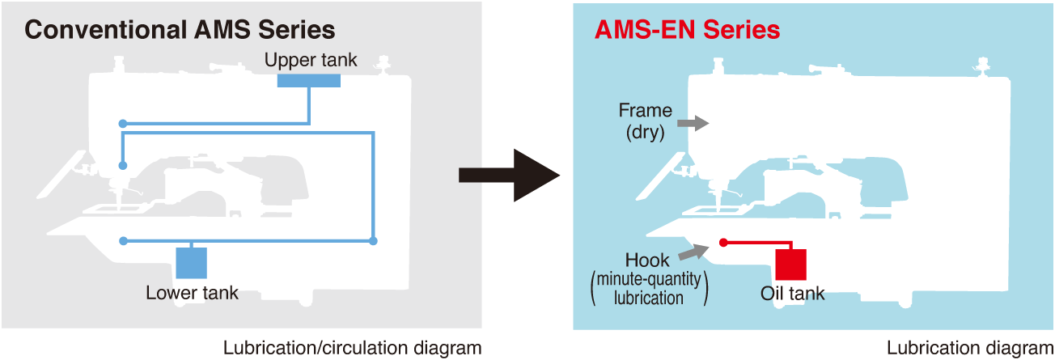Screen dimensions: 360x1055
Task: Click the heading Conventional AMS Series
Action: point(180,31)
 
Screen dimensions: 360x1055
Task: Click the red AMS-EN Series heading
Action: point(687,31)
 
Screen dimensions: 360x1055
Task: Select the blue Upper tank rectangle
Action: point(308,80)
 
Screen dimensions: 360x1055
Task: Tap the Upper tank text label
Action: point(310,60)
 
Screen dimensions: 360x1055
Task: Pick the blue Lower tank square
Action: point(191,263)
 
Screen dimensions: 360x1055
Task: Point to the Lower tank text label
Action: point(192,292)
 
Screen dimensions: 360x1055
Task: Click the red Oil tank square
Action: point(790,264)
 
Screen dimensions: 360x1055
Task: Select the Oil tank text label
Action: point(792,293)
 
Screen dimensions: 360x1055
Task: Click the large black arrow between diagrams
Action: point(509,176)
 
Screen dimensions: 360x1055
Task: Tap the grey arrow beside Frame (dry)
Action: point(692,123)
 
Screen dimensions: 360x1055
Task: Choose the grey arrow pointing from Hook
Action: point(693,252)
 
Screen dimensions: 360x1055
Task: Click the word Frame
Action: point(646,111)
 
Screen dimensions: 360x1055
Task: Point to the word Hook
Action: point(647,260)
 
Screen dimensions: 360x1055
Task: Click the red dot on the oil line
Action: point(723,242)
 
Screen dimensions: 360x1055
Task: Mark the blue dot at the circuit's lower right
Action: point(372,241)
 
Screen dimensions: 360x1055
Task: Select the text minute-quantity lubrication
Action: point(649,289)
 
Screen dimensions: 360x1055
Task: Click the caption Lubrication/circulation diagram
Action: point(352,349)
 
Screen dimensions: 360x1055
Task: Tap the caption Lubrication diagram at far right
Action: point(969,349)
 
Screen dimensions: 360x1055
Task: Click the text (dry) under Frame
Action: point(645,133)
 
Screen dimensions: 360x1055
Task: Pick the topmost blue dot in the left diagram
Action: point(123,124)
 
